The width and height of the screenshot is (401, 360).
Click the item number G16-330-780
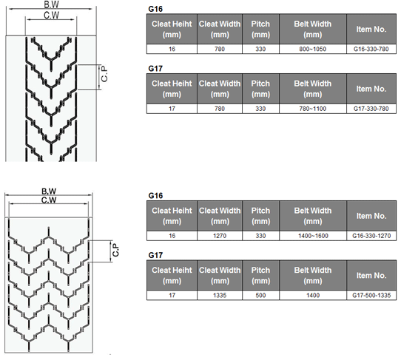pyautogui.click(x=371, y=49)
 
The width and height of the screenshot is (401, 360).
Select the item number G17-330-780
pyautogui.click(x=371, y=109)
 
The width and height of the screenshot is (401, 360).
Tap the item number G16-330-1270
pyautogui.click(x=371, y=236)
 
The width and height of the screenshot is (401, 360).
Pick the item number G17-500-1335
pyautogui.click(x=371, y=296)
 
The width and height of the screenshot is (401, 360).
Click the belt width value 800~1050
pyautogui.click(x=312, y=49)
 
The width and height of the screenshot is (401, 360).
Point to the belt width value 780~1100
pyautogui.click(x=312, y=109)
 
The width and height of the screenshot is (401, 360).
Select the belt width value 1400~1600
pyautogui.click(x=313, y=236)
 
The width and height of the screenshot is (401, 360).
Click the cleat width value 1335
pyautogui.click(x=220, y=296)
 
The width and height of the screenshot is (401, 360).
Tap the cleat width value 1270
pyautogui.click(x=220, y=236)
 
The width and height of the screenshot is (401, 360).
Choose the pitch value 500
pyautogui.click(x=260, y=296)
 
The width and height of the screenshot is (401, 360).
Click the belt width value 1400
pyautogui.click(x=313, y=296)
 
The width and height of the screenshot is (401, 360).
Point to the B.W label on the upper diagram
pyautogui.click(x=51, y=4)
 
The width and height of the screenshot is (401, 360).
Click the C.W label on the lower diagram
pyautogui.click(x=49, y=200)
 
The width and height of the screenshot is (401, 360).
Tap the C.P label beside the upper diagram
pyautogui.click(x=104, y=74)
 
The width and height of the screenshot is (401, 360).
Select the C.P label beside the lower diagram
pyautogui.click(x=115, y=250)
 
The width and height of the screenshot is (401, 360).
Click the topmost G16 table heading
pyautogui.click(x=155, y=9)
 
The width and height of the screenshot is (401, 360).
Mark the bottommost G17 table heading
pyautogui.click(x=155, y=255)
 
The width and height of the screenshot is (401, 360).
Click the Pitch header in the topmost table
pyautogui.click(x=260, y=29)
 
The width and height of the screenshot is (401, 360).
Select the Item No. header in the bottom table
pyautogui.click(x=371, y=276)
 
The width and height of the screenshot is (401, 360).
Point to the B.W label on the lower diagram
pyautogui.click(x=49, y=191)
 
